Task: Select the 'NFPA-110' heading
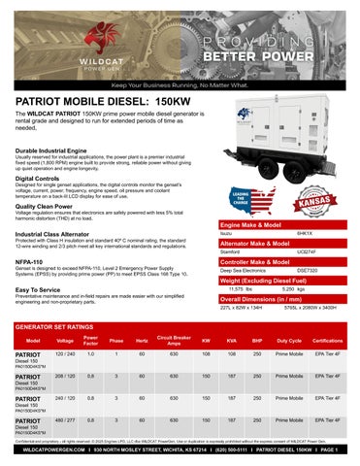(x=31, y=234)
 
